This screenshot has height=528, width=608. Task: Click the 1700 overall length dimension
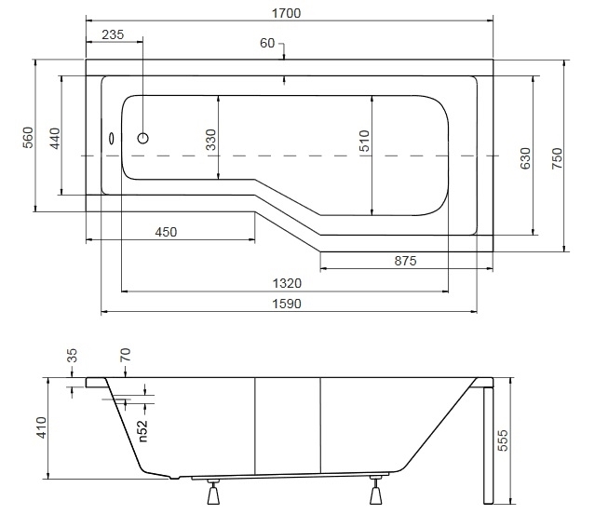286,13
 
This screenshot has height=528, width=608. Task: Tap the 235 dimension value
113,34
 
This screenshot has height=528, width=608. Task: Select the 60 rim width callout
267,43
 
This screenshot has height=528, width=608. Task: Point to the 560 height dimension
28,138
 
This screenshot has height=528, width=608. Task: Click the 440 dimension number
55,138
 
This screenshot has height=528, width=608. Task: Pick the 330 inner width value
210,140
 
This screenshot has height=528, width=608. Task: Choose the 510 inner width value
364,141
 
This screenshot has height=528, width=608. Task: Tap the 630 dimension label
524,158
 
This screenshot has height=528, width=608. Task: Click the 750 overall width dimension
557,158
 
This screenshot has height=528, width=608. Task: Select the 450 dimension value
166,232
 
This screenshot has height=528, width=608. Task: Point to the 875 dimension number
405,261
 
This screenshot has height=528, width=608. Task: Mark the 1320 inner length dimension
287,283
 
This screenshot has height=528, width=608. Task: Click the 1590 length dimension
287,304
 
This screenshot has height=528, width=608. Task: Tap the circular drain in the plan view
143,138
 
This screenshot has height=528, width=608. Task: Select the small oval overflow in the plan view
112,139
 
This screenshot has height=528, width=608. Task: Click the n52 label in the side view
142,431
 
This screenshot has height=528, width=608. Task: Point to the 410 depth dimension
41,427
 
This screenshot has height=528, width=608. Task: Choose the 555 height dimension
502,440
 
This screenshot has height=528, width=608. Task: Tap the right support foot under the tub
375,491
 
